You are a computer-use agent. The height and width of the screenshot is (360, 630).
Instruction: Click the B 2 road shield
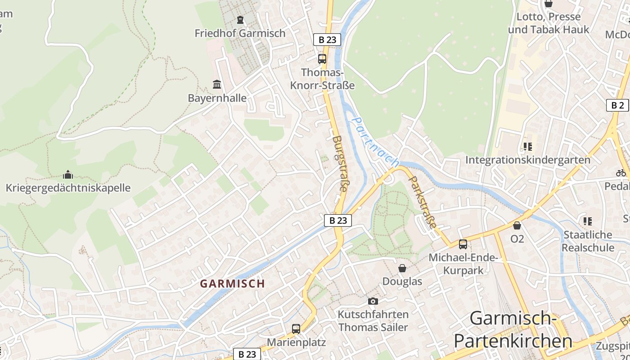tap(617, 105)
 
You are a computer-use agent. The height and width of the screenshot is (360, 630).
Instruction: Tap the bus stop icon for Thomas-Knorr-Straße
tap(322, 58)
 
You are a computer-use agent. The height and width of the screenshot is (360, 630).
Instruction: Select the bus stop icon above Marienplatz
tap(296, 329)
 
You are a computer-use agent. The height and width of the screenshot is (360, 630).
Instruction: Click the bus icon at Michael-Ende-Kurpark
tap(463, 244)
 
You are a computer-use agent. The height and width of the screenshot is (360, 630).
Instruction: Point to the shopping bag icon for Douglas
tap(402, 268)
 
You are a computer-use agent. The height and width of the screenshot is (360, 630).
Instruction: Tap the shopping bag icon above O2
tap(517, 225)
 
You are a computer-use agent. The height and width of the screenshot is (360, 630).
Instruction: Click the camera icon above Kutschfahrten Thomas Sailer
tap(373, 301)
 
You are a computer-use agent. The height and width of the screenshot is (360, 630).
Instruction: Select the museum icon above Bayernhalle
tap(217, 84)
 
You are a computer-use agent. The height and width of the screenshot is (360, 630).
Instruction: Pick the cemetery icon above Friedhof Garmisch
tap(240, 20)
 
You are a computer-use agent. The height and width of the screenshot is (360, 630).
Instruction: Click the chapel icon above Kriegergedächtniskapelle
tap(68, 174)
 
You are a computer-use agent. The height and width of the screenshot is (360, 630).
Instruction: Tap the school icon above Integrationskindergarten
tap(527, 146)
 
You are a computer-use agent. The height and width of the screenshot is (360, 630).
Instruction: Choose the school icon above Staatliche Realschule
tap(587, 221)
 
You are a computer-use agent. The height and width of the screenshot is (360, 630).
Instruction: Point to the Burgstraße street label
tap(340, 164)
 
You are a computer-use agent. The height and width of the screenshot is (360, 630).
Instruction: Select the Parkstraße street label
tap(422, 201)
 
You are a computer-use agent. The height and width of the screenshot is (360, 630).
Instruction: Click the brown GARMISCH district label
tap(232, 283)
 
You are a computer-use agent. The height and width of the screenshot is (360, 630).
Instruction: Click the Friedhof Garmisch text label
tap(240, 33)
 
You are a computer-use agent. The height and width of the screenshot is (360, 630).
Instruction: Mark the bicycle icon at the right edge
tap(621, 173)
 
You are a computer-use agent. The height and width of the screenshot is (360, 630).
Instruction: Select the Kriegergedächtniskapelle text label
tap(68, 188)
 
